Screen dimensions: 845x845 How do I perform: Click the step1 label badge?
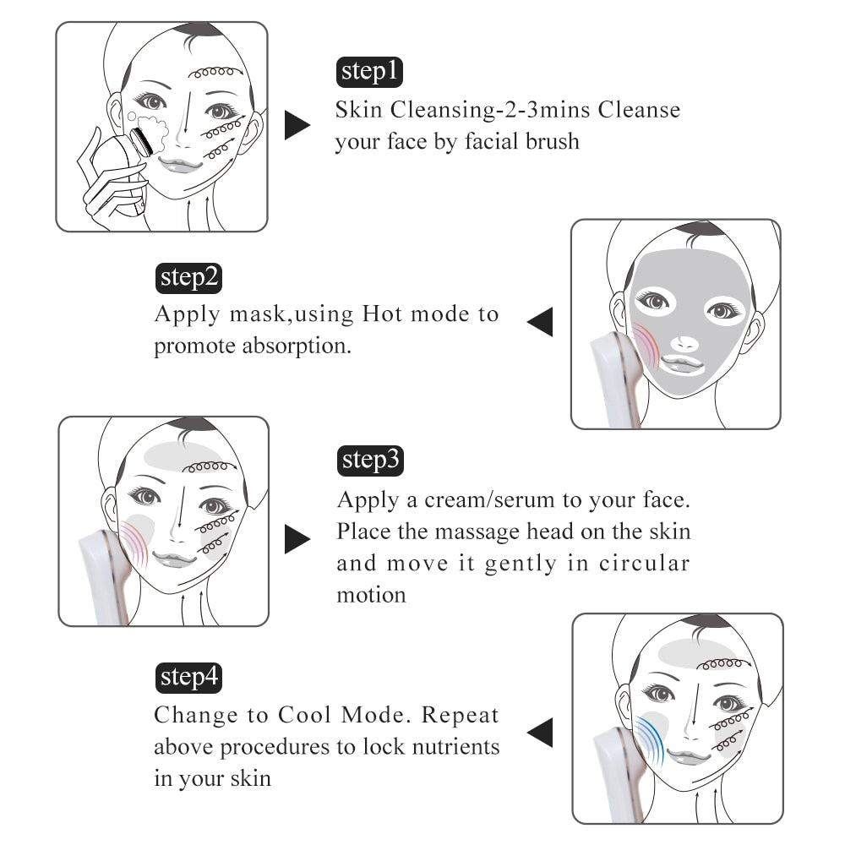click(369, 72)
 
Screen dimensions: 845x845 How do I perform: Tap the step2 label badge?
click(190, 278)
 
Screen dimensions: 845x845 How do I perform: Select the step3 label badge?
click(370, 461)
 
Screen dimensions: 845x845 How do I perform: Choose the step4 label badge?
click(190, 677)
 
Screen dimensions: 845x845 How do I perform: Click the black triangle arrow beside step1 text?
click(297, 124)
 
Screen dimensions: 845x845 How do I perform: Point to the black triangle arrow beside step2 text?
click(540, 322)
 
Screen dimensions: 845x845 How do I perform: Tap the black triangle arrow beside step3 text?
click(297, 539)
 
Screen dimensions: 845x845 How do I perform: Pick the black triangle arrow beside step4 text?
click(540, 732)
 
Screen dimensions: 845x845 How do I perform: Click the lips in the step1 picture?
click(179, 164)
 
